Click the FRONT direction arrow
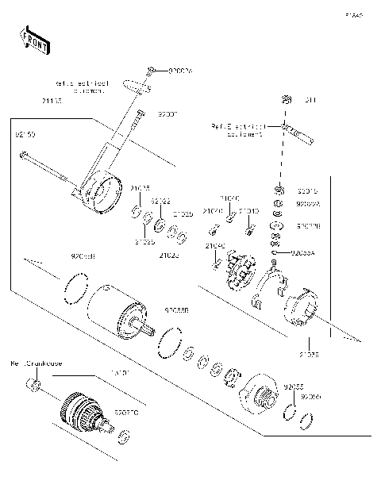pos(34,40)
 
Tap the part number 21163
pos(52,101)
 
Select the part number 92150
pos(25,135)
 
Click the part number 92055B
pos(175,311)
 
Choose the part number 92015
pos(306,190)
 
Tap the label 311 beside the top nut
pos(310,100)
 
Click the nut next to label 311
pos(283,100)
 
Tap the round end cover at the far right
pos(302,306)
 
